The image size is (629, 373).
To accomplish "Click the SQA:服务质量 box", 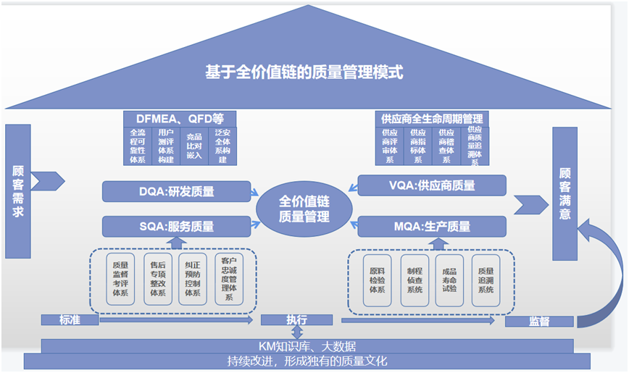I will point(177,227).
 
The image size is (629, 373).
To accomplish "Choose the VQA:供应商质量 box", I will point(432,185).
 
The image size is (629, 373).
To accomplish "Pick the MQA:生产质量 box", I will point(432,227).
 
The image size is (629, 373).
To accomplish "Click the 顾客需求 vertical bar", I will point(18,192).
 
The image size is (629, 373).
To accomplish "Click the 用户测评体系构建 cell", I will point(166,146).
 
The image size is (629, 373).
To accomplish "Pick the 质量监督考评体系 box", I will point(120,280).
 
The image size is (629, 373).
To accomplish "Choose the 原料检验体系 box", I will point(378,280).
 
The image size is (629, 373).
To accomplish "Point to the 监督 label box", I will point(539,321).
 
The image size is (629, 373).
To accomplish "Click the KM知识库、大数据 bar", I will point(307,346).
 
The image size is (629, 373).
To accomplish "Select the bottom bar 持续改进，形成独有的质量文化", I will point(307,361).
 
